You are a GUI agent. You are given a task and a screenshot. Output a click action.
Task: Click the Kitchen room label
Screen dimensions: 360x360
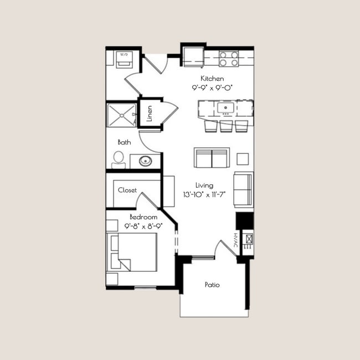[212, 78]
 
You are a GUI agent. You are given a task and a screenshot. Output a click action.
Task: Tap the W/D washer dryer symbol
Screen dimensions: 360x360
[122, 58]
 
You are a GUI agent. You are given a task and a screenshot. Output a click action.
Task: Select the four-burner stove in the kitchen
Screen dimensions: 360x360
[228, 58]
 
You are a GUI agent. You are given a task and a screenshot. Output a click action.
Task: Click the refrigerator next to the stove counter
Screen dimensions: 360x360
[193, 56]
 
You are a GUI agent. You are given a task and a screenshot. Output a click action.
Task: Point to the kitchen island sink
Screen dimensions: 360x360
[226, 107]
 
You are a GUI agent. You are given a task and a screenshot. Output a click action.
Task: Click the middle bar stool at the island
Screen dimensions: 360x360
[226, 126]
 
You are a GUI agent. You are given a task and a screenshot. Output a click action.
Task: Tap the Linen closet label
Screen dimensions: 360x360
[150, 114]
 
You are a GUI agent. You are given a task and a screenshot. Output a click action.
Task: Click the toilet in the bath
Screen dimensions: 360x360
[118, 159]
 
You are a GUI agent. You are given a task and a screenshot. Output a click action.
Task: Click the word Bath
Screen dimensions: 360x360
[124, 142]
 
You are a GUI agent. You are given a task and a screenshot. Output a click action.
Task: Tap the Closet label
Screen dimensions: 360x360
[127, 190]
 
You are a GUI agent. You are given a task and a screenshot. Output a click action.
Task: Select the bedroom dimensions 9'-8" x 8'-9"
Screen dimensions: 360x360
[143, 226]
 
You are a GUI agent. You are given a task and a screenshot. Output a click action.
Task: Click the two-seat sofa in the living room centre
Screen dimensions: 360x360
[212, 158]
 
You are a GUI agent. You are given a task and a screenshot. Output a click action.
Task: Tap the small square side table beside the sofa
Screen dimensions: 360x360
[243, 159]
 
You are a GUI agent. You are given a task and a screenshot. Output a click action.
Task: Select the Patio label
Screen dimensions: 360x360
[212, 285]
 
